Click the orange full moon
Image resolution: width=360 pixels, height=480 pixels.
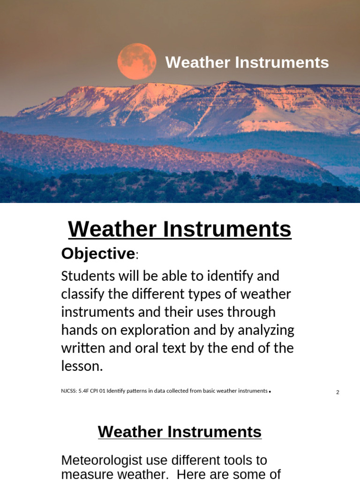click(x=136, y=61)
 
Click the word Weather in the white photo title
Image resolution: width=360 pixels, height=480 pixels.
click(x=198, y=62)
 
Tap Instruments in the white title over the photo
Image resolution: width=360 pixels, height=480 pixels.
click(x=282, y=62)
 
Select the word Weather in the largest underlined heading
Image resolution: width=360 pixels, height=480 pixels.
click(x=112, y=229)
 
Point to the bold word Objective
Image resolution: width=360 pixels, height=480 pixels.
click(x=98, y=254)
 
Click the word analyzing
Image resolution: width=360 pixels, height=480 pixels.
click(x=266, y=330)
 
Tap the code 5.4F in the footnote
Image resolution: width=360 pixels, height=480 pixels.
click(x=83, y=391)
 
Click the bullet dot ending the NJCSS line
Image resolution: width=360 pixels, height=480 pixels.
click(x=270, y=391)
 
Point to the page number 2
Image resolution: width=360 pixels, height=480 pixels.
click(x=337, y=392)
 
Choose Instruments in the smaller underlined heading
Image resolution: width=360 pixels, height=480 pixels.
click(x=214, y=432)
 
